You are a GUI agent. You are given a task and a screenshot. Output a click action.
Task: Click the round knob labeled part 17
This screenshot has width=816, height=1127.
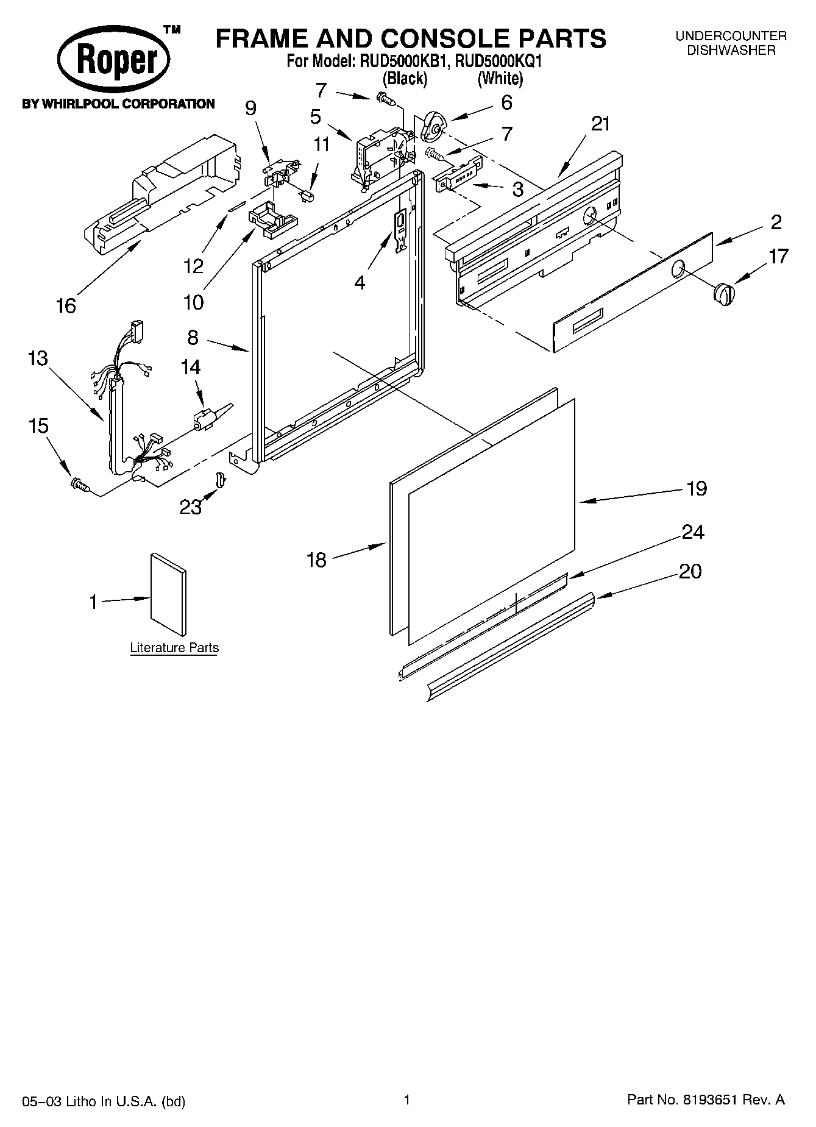click(723, 294)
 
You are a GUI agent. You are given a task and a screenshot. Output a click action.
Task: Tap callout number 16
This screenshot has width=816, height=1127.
click(65, 305)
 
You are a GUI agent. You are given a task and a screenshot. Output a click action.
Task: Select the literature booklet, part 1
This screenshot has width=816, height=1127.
click(168, 594)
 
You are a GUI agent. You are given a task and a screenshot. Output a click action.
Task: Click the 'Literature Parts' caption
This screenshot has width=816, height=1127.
click(174, 648)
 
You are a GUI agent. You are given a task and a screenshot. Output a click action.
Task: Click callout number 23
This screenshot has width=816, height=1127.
click(190, 507)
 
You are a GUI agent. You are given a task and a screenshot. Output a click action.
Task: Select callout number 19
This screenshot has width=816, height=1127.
click(696, 488)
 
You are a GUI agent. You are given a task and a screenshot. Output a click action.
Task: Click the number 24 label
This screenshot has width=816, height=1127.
click(693, 532)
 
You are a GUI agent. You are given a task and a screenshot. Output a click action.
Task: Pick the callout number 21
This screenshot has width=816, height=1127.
click(600, 124)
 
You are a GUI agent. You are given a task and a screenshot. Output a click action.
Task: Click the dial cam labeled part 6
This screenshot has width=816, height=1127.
click(435, 125)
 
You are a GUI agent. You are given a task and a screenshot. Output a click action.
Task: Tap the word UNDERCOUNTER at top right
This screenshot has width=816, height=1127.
click(731, 37)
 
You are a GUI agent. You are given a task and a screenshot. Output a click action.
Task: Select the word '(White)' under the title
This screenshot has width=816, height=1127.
click(500, 78)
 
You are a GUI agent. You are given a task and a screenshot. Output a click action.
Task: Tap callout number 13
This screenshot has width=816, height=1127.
click(38, 358)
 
